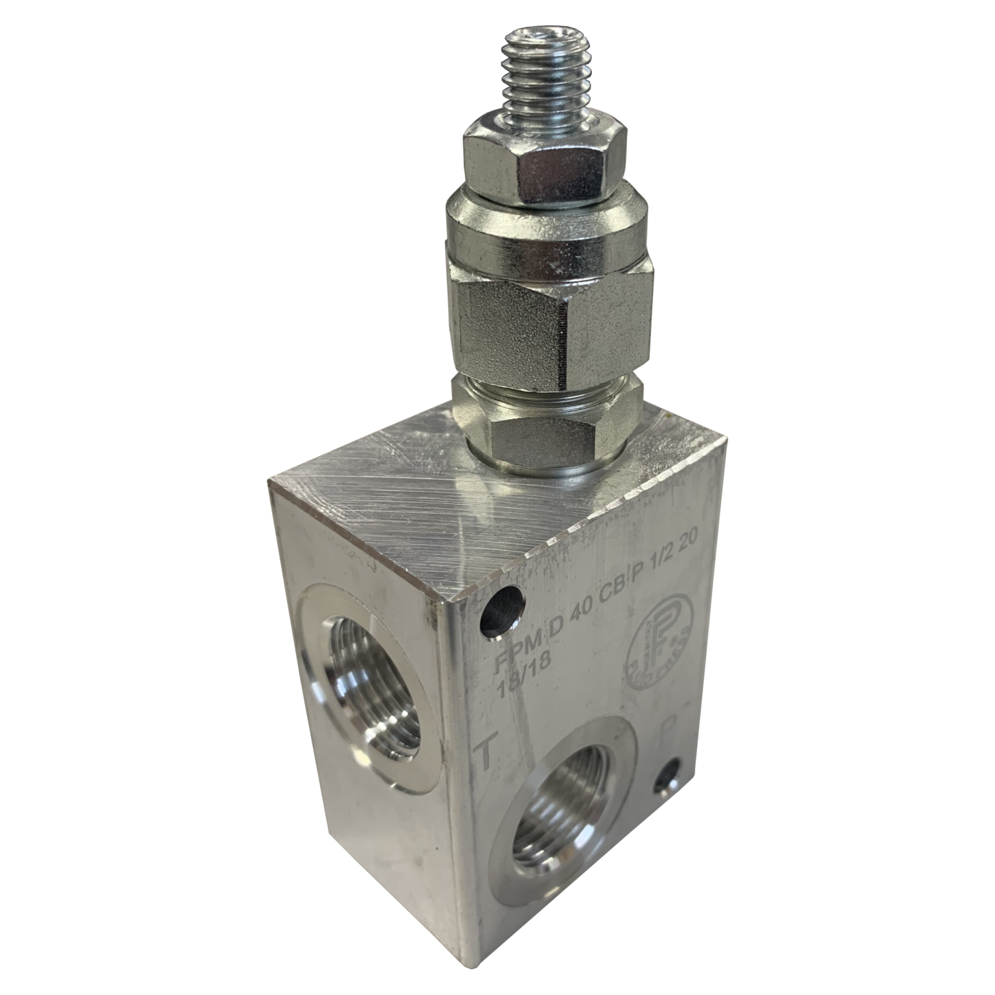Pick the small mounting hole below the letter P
(x=670, y=774)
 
